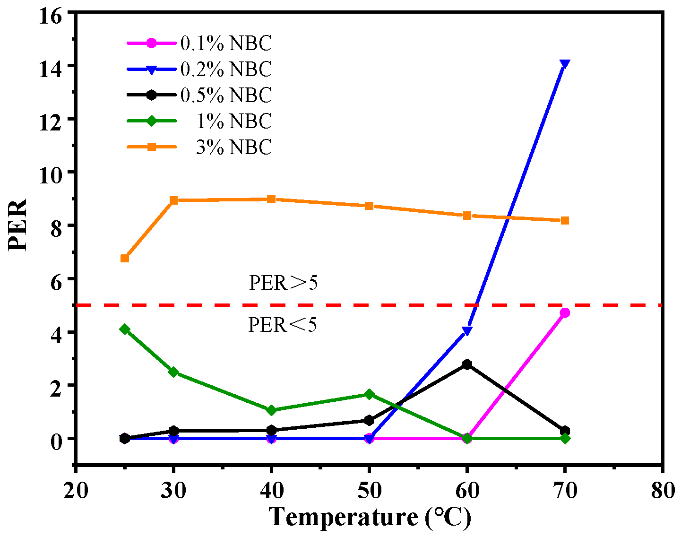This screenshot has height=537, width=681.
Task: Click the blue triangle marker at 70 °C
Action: coord(564,64)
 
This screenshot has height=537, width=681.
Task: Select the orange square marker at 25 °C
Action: coord(125,258)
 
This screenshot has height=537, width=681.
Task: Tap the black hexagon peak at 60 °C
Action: coord(467,364)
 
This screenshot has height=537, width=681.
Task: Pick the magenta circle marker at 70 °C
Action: coord(565,313)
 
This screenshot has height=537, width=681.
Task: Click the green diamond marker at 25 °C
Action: coord(125,329)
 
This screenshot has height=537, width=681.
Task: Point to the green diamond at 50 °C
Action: coord(369,394)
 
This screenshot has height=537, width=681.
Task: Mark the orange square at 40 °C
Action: coord(271,199)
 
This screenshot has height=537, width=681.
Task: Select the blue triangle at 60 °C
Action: coord(467,331)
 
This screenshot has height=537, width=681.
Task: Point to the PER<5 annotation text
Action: coord(283,325)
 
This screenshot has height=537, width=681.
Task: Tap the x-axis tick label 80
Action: coord(663,491)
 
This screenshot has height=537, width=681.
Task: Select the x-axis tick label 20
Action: coord(76,491)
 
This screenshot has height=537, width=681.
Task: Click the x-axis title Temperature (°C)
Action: coord(370,517)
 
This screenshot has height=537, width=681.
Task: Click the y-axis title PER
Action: coord(19,225)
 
